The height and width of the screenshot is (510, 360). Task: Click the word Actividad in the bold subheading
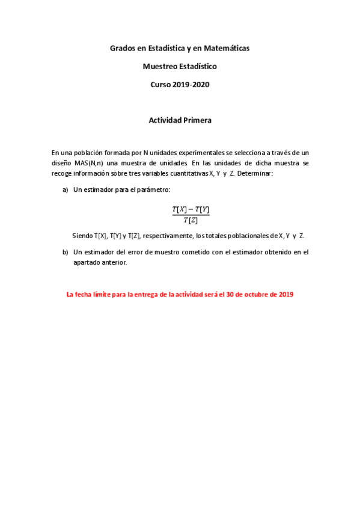coord(165,120)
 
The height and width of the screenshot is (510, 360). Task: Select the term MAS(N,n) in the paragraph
coord(88,163)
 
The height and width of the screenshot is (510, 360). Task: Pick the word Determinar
coord(255,173)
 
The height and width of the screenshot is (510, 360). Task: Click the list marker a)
coord(66,190)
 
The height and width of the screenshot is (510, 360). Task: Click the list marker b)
coord(66,252)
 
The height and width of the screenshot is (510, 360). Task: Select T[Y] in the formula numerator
coord(202,209)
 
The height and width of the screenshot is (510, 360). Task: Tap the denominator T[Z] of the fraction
coord(191,220)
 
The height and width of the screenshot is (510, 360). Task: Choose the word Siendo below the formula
coord(82,235)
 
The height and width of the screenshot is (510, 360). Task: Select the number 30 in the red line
coord(231,295)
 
